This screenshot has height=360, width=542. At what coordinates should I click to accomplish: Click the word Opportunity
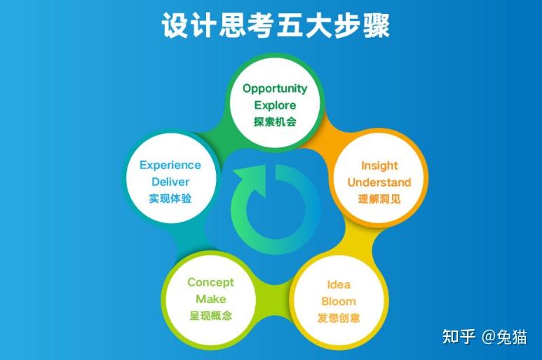275,88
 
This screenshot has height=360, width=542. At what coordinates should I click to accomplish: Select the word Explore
275,105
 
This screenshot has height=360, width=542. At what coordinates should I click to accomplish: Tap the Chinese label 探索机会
275,121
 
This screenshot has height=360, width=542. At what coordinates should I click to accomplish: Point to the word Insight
379,166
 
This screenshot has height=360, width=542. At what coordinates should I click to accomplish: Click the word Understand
379,182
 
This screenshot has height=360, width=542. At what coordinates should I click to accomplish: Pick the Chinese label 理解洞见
379,199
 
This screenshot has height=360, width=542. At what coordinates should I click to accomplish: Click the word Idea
339,285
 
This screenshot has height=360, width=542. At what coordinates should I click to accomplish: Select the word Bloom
339,302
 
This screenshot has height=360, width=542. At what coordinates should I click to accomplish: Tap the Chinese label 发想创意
339,318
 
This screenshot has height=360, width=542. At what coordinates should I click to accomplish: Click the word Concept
210,282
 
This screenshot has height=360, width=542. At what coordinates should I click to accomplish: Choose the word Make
210,299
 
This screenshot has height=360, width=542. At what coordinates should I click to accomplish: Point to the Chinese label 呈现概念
210,316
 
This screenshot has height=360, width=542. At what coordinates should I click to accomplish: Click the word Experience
170,166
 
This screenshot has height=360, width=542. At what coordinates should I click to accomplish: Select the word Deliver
170,182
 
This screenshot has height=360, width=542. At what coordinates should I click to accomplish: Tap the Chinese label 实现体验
170,199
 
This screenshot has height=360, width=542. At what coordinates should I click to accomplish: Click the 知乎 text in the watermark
459,337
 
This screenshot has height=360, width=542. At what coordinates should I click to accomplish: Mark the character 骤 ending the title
375,26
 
